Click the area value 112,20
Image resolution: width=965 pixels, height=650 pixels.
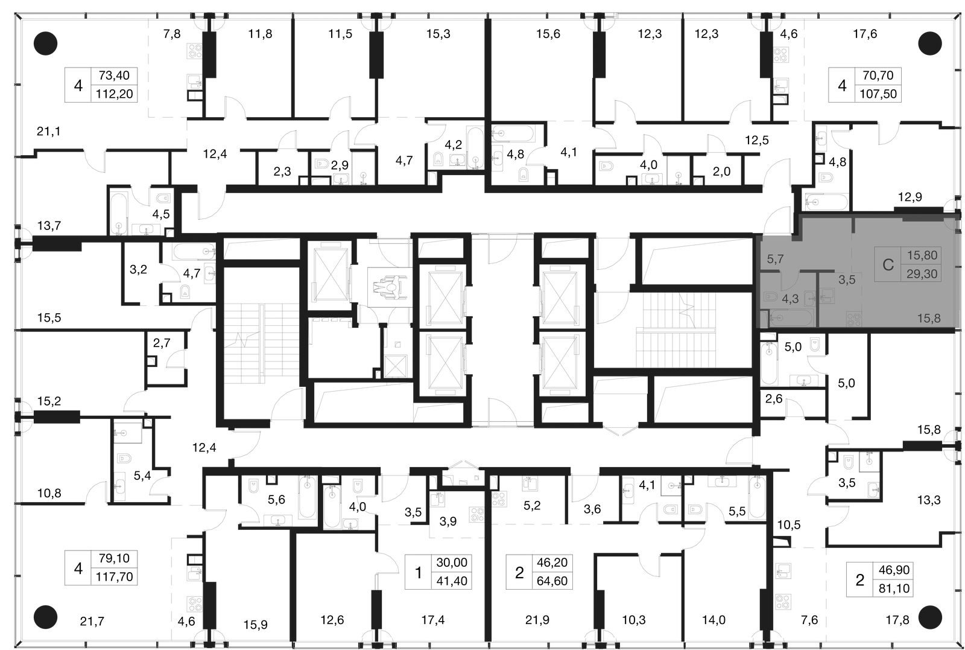114,94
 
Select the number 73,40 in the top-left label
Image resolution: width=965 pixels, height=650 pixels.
114,75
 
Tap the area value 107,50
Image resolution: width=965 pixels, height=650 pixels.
878,94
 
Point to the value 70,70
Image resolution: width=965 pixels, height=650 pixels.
878,75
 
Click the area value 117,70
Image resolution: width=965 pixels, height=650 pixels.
114,577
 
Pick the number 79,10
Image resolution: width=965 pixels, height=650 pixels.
114,558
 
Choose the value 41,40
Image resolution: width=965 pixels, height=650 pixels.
452,581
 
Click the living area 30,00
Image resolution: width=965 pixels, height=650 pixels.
452,562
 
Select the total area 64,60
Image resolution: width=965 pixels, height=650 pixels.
552,581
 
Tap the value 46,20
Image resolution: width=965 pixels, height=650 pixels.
552,562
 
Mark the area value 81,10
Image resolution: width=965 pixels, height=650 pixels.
894,588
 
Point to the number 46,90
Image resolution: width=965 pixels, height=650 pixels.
894,570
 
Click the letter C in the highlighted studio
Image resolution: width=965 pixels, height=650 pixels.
888,265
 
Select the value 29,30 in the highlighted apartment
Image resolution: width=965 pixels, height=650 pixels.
922,274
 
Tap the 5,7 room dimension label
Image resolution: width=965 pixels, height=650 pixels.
775,259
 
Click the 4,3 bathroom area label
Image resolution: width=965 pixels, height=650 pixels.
790,299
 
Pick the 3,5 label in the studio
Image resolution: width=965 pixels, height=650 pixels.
847,280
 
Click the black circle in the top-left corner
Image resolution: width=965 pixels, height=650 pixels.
45,43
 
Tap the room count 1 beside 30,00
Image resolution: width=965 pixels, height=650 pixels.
419,572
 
